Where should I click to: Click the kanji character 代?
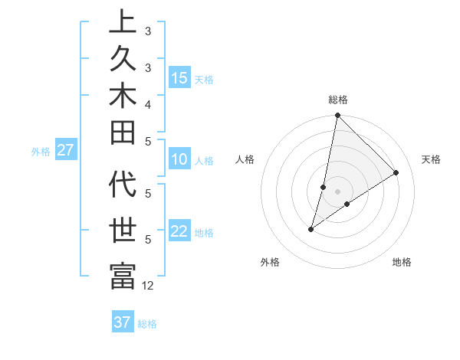(123, 186)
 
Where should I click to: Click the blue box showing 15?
(179, 77)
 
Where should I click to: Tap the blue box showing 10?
(179, 159)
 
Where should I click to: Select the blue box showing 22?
(179, 231)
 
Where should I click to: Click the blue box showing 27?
(65, 150)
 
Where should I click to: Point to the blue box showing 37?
(123, 322)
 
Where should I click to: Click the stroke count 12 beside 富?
(148, 285)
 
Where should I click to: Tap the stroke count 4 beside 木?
(148, 103)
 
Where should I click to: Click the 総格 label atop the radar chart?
(337, 100)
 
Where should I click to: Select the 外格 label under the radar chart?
(270, 263)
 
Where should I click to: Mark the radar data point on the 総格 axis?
(337, 116)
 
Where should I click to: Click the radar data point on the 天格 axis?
(396, 173)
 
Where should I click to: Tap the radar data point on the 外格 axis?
(311, 229)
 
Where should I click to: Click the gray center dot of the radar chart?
(337, 191)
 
